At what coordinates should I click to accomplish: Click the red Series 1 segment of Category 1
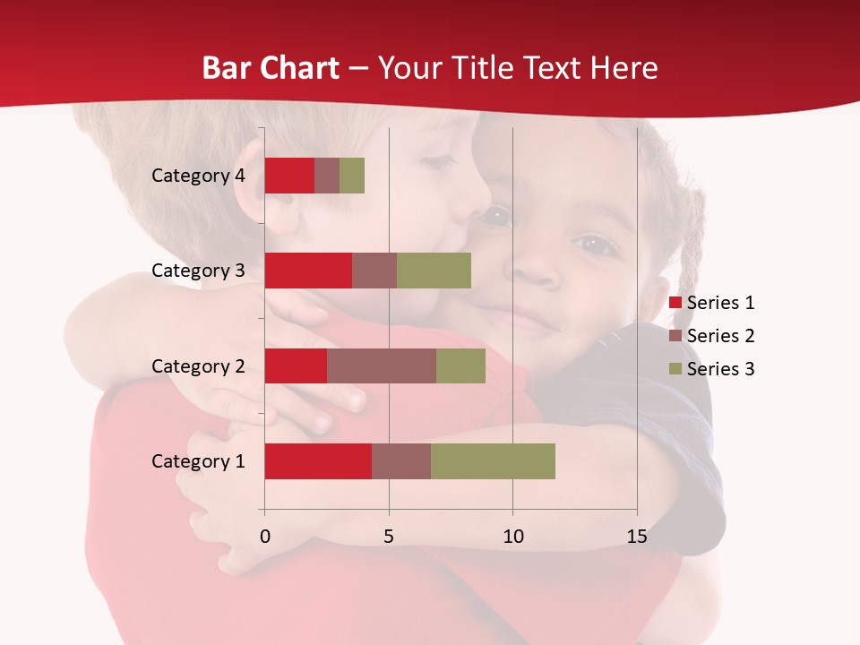pyautogui.click(x=318, y=461)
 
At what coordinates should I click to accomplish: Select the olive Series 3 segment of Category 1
pyautogui.click(x=493, y=461)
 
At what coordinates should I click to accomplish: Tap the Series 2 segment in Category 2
pyautogui.click(x=382, y=365)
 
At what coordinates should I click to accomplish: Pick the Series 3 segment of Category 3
pyautogui.click(x=434, y=271)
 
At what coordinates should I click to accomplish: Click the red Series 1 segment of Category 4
pyautogui.click(x=289, y=176)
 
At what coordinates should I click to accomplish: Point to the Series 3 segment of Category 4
pyautogui.click(x=352, y=176)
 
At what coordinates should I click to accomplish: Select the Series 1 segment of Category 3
pyautogui.click(x=308, y=271)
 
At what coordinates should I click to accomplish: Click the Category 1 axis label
pyautogui.click(x=198, y=461)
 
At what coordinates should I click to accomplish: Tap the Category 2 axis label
pyautogui.click(x=198, y=366)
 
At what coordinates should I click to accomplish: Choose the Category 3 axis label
pyautogui.click(x=198, y=271)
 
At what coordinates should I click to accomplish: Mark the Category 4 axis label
pyautogui.click(x=198, y=176)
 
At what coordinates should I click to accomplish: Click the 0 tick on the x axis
pyautogui.click(x=264, y=537)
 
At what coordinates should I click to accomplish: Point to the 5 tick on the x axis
pyautogui.click(x=389, y=537)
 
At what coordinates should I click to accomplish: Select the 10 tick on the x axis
pyautogui.click(x=512, y=537)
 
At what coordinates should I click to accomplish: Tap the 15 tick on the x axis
pyautogui.click(x=637, y=537)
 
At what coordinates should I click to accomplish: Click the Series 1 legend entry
pyautogui.click(x=712, y=303)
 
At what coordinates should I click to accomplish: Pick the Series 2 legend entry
pyautogui.click(x=712, y=336)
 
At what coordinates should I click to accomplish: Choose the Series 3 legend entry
pyautogui.click(x=712, y=369)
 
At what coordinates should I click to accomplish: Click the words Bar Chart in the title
pyautogui.click(x=271, y=68)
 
